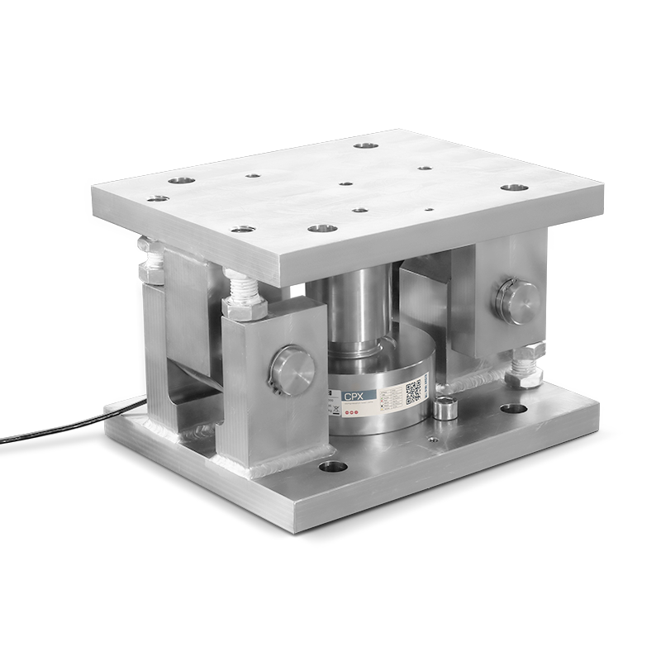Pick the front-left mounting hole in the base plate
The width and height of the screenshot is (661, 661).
point(333,468)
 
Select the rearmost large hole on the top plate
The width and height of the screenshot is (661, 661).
point(364,146)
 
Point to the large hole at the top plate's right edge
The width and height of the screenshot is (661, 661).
point(514,188)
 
